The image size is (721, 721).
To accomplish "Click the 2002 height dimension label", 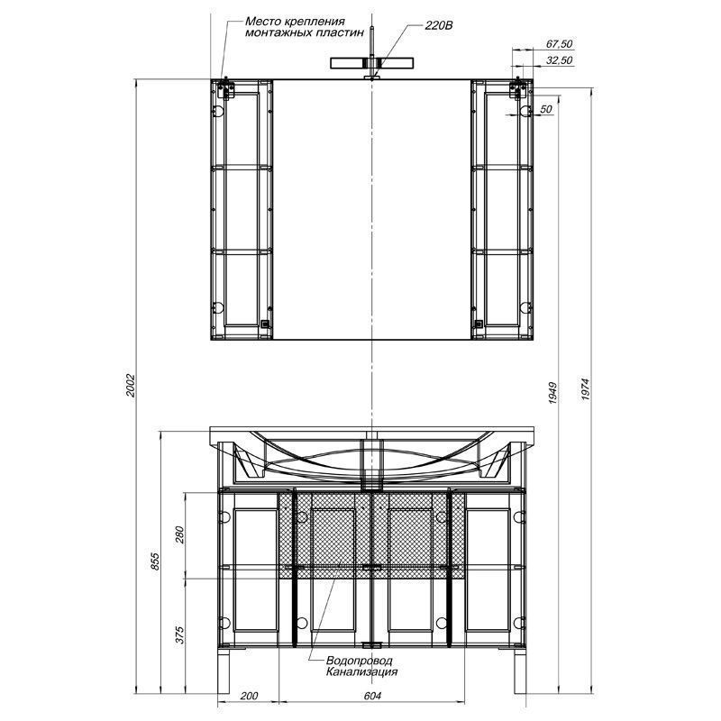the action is (131, 386).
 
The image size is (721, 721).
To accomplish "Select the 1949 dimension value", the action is (552, 393).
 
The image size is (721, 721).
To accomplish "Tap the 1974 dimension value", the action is (584, 389).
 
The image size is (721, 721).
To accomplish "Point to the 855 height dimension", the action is (155, 561).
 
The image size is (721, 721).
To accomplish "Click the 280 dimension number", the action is (179, 534).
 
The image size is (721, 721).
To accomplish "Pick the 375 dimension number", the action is (179, 634).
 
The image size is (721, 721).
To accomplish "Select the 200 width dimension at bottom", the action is (249, 696).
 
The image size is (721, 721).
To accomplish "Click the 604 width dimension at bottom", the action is (372, 696).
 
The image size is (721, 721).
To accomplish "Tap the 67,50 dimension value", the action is (559, 43).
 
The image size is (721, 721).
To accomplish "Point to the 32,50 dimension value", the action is (559, 60).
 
